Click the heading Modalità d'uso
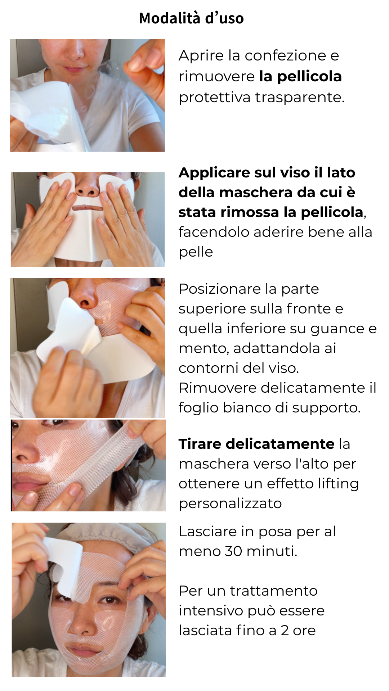[x=191, y=18]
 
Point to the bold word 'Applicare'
[x=214, y=173]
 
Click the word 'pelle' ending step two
[x=196, y=252]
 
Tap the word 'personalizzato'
[x=230, y=504]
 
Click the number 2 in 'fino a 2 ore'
[x=285, y=631]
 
